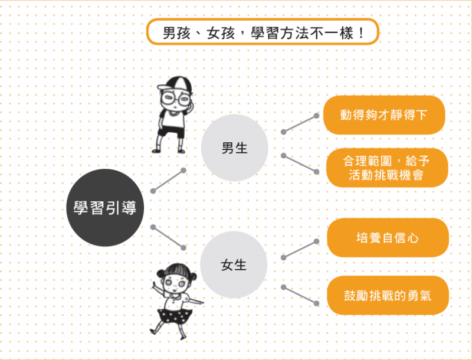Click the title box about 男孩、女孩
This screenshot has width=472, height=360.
[263, 32]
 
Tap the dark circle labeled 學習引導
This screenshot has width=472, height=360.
[105, 208]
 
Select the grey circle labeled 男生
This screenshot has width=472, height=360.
[234, 148]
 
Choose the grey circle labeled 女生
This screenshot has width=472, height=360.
[234, 265]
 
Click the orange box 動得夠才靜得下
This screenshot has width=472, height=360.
[384, 115]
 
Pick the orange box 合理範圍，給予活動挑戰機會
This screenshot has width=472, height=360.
[387, 168]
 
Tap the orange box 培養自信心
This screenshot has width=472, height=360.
[388, 238]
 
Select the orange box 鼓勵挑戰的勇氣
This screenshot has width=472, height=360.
[388, 295]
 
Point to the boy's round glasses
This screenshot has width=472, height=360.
[175, 98]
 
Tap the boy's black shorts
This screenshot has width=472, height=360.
[171, 132]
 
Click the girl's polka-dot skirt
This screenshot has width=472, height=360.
[175, 316]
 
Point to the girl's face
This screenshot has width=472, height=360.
[175, 283]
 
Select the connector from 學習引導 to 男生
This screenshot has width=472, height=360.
[168, 181]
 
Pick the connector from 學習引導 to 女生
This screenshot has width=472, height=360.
[168, 237]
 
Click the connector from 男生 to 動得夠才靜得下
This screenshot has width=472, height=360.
[300, 124]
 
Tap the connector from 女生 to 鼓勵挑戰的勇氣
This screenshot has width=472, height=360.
[300, 295]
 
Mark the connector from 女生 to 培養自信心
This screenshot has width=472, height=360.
[300, 250]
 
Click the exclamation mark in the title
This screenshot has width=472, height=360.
[361, 32]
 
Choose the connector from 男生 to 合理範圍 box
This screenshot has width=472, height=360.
[300, 163]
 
